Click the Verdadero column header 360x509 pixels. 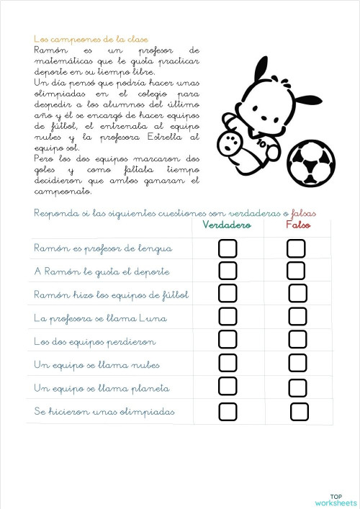[226, 226]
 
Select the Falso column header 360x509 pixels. [297, 226]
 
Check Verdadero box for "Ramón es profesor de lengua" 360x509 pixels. [228, 248]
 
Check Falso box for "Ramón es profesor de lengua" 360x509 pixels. [296, 248]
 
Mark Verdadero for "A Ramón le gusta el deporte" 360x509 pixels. [228, 271]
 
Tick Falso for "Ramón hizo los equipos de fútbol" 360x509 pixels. [297, 293]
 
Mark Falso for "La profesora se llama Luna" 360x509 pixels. [297, 316]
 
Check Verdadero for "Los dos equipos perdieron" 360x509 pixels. [228, 339]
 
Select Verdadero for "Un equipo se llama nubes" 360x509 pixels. [228, 363]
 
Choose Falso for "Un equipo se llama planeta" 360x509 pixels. [297, 387]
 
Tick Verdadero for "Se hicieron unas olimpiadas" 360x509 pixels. [228, 412]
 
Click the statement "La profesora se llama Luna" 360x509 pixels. [100, 317]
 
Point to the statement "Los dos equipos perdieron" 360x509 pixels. [94, 341]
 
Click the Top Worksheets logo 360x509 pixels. [336, 499]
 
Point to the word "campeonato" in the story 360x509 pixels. [63, 192]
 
